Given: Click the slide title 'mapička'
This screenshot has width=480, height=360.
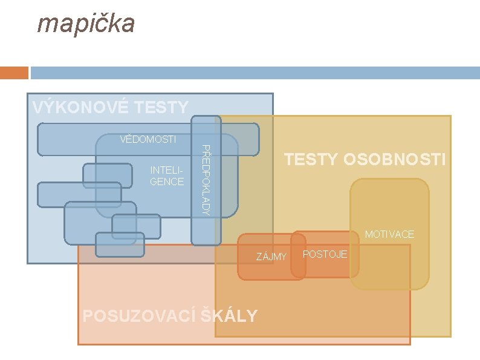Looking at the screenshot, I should (x=86, y=24).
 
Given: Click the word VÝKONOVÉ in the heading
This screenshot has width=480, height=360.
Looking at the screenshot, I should (x=80, y=108).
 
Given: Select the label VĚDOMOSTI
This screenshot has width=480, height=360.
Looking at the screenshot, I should (x=148, y=140).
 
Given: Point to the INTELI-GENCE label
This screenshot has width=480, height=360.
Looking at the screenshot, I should (x=167, y=176).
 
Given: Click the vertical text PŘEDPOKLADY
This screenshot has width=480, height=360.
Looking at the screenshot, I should (x=206, y=180).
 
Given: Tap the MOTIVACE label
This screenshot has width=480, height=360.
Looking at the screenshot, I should (x=389, y=234).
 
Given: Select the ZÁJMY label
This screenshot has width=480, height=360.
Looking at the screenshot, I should (x=271, y=257).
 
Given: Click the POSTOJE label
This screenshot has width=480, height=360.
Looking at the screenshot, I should (x=325, y=254).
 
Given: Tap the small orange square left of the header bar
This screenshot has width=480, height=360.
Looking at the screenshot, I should (x=14, y=73).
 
